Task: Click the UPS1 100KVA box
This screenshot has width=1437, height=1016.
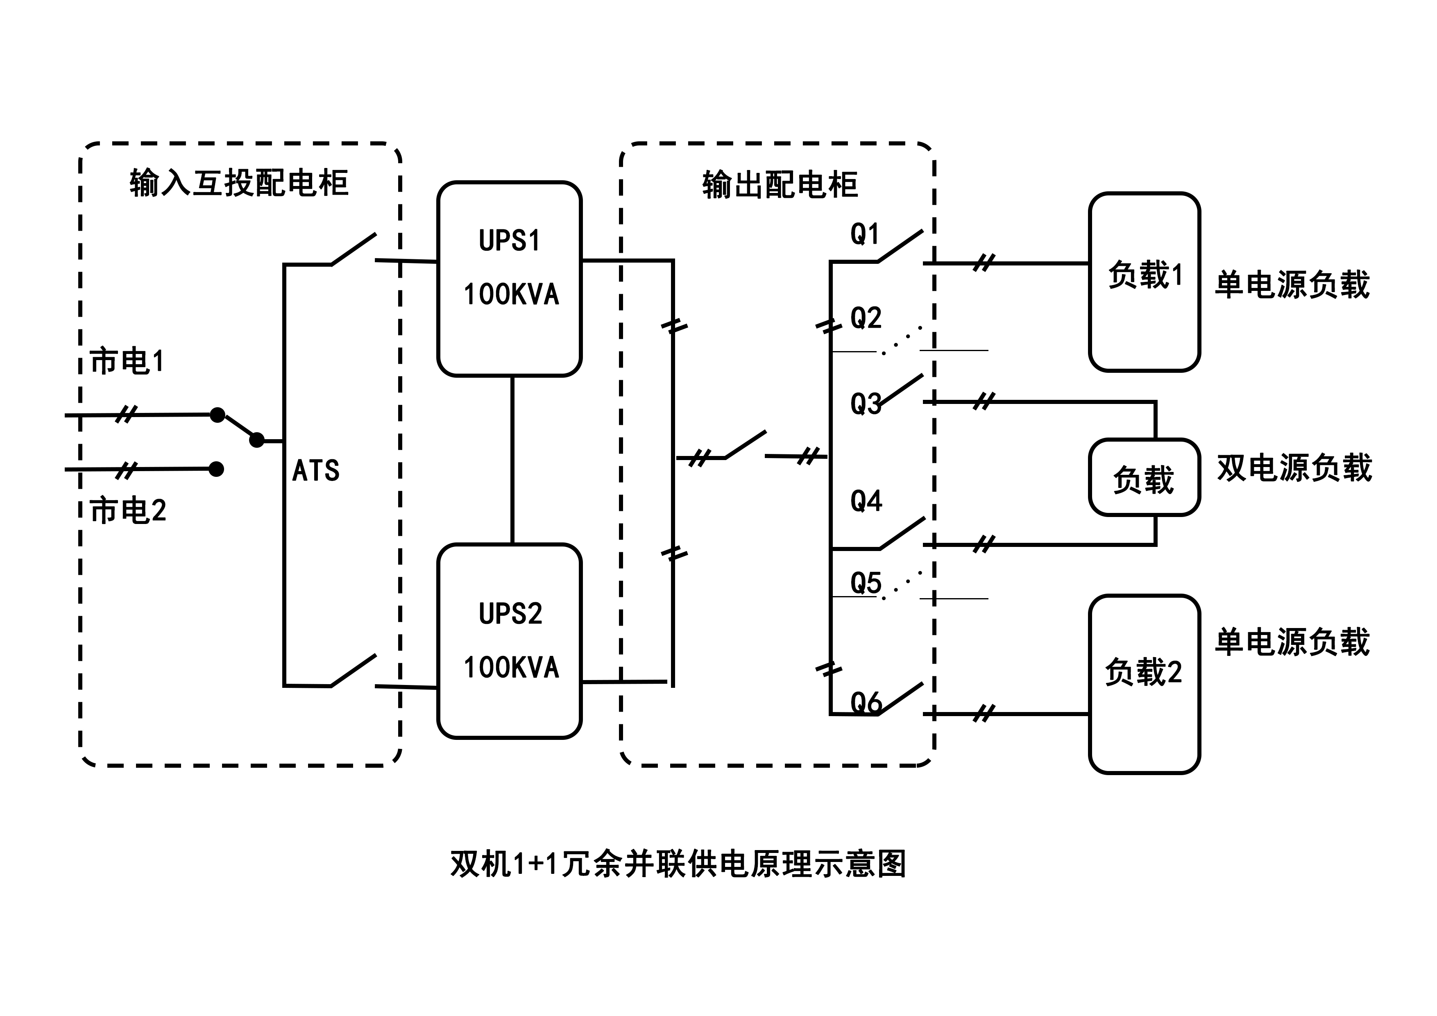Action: click(x=510, y=279)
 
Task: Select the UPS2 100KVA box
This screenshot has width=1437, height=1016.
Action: click(x=510, y=641)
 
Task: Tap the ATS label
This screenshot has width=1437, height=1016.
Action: click(x=316, y=470)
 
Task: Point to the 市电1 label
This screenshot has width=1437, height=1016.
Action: click(x=127, y=361)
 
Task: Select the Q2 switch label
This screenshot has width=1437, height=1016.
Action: click(x=866, y=318)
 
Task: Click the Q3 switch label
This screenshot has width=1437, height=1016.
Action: click(x=866, y=404)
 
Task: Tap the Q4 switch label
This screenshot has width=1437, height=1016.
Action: click(x=866, y=501)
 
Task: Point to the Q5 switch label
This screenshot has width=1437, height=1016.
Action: click(x=866, y=583)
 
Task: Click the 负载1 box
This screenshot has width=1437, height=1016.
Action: click(x=1144, y=282)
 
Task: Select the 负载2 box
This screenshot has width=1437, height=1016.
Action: click(x=1144, y=684)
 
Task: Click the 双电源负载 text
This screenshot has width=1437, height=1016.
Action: click(x=1294, y=468)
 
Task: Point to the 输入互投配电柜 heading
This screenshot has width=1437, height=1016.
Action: click(x=239, y=183)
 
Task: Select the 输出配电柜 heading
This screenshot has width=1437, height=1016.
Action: click(x=780, y=185)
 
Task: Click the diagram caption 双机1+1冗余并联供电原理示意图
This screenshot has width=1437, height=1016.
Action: click(x=678, y=864)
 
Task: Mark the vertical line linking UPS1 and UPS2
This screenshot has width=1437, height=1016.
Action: click(x=512, y=460)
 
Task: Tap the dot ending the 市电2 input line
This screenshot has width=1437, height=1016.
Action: click(x=216, y=469)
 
